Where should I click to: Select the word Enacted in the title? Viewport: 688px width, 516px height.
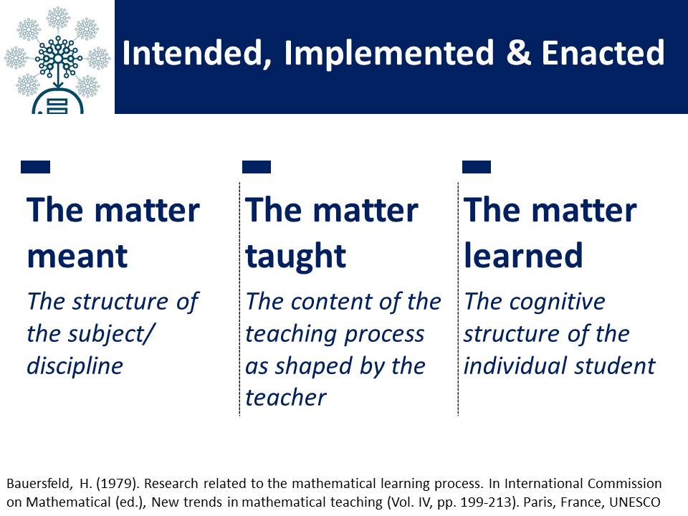603,52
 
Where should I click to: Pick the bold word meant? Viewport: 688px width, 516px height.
77,257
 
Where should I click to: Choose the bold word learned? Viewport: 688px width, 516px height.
523,255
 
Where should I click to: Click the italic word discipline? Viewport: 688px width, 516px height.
75,366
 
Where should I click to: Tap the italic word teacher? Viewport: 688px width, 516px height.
286,398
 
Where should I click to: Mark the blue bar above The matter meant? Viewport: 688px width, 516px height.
36,167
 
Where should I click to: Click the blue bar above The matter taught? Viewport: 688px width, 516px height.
257,167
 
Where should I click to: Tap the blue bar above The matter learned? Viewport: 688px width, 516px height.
477,167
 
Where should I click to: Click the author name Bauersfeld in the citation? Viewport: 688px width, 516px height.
39,484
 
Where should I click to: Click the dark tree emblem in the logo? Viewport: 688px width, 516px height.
58,58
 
